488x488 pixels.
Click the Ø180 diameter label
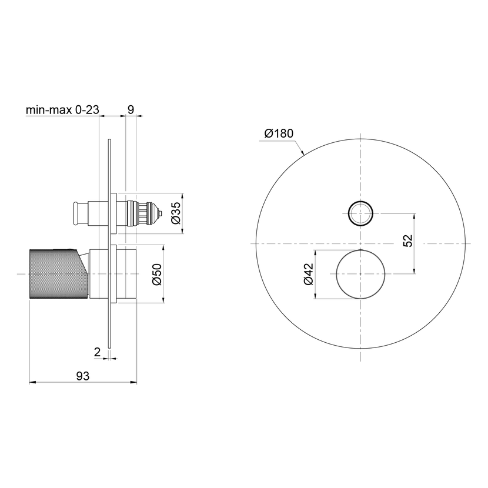[279, 133]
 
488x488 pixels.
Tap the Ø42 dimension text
[309, 274]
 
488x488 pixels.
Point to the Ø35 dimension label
[176, 213]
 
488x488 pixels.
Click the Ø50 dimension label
[158, 274]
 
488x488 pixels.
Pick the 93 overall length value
[83, 376]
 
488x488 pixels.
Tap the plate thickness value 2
[97, 352]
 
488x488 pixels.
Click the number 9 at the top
[131, 109]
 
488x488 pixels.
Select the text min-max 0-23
[62, 109]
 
